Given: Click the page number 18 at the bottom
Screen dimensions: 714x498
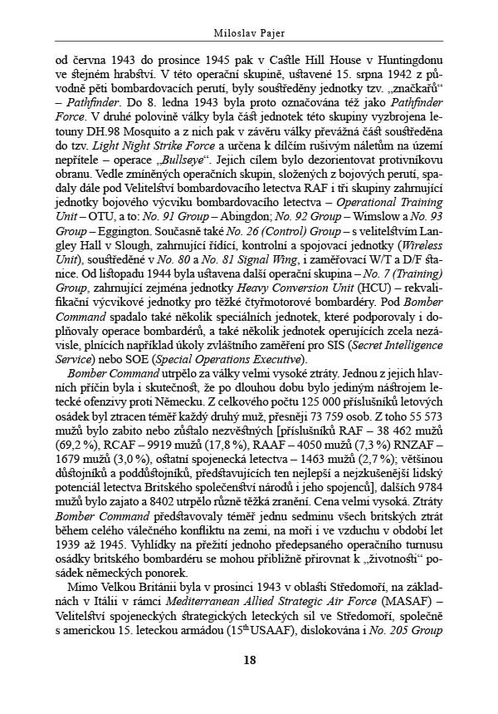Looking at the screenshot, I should coord(249,661).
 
